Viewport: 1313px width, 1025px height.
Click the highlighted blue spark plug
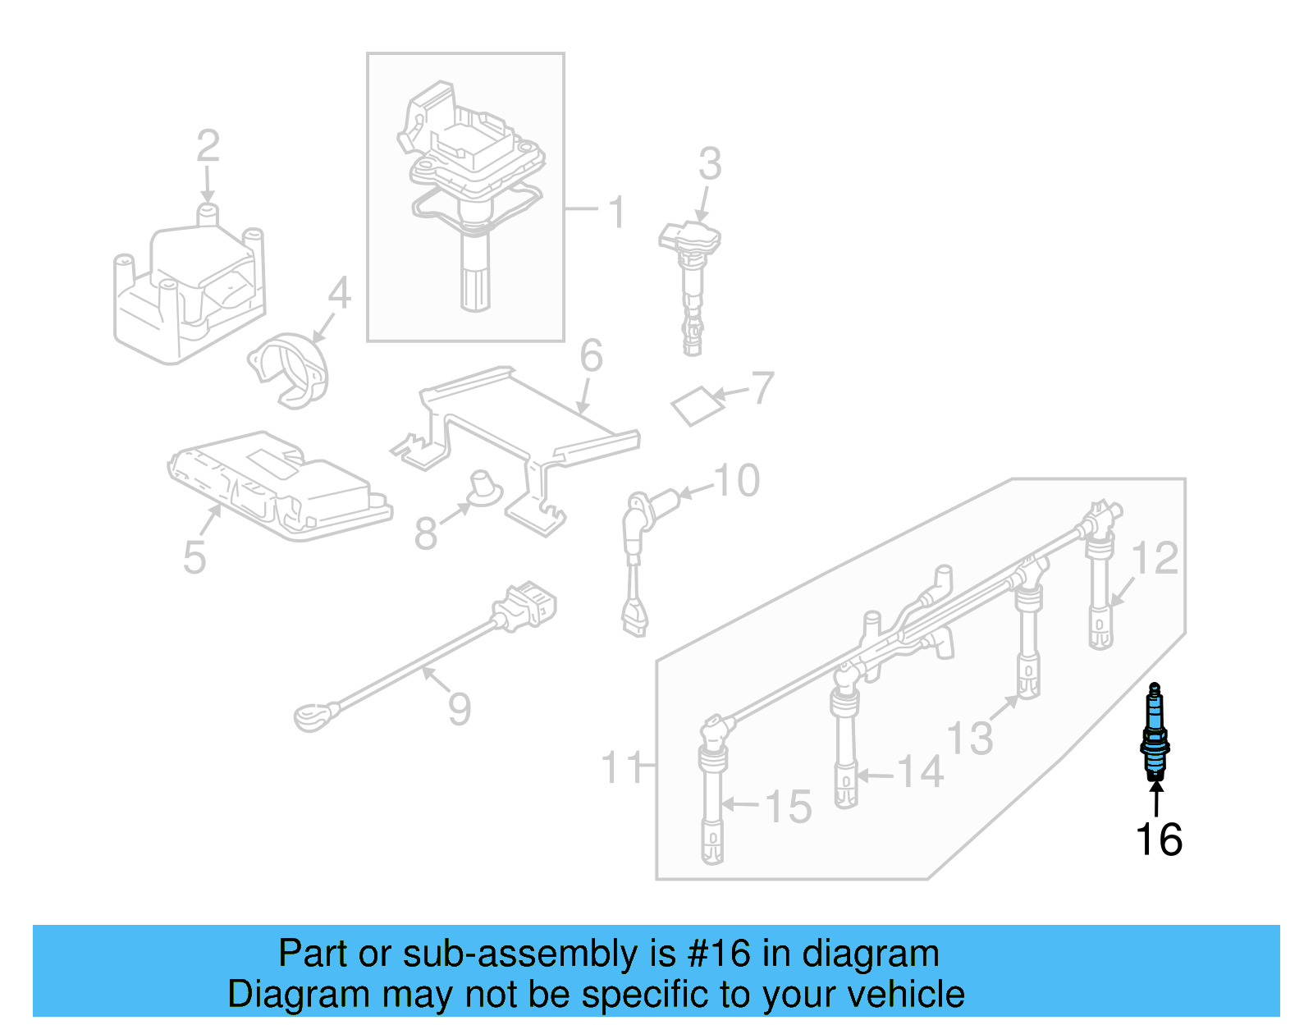[x=1155, y=732]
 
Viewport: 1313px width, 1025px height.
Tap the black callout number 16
[x=1159, y=840]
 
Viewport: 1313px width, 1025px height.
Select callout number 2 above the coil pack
[x=208, y=146]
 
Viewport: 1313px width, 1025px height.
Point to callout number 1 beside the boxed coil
[x=616, y=212]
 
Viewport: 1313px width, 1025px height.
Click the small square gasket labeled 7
[x=698, y=405]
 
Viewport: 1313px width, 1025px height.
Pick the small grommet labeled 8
[x=484, y=487]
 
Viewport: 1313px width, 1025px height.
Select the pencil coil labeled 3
[x=692, y=279]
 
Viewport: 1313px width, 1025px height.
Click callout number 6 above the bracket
[x=591, y=356]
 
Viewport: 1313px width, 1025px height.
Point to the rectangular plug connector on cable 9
[x=525, y=607]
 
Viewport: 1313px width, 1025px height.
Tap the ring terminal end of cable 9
[x=314, y=719]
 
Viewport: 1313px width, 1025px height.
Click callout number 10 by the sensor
[x=737, y=481]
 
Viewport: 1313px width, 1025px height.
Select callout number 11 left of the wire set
[x=621, y=768]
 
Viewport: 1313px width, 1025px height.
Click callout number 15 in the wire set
[x=788, y=807]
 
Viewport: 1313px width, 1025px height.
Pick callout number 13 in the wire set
[x=969, y=737]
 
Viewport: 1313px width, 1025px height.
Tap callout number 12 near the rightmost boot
[x=1155, y=559]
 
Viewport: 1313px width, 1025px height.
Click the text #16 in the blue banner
[x=719, y=954]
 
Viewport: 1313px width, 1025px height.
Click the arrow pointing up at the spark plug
[x=1155, y=798]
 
